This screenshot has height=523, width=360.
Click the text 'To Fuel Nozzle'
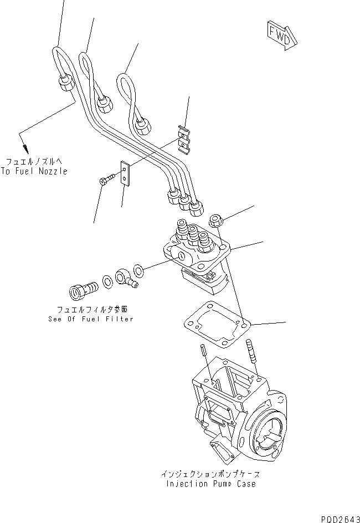[34, 171]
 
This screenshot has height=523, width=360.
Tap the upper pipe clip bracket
[184, 139]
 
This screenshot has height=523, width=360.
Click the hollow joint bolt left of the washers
[80, 289]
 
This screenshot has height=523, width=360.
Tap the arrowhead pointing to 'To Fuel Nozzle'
[24, 148]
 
